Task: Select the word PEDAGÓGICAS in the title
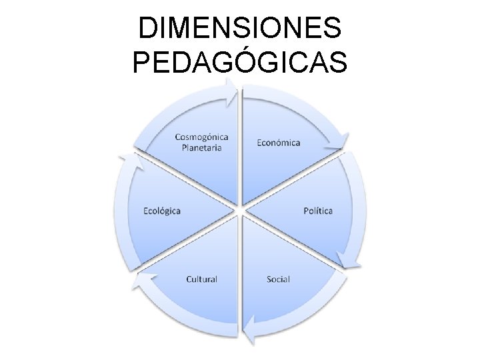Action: [240, 63]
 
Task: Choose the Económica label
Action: [278, 142]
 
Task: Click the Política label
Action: [318, 211]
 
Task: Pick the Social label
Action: [278, 278]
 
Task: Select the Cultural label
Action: [201, 278]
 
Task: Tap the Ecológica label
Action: [162, 211]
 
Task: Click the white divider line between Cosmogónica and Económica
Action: [241, 147]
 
